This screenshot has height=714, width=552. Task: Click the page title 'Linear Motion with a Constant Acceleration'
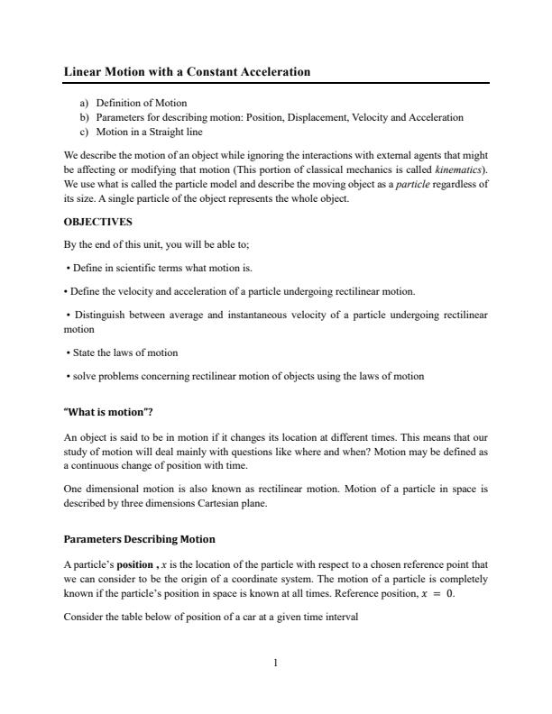coord(187,71)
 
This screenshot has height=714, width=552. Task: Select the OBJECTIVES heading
coord(97,221)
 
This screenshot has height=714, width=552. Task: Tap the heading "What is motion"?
coord(108,412)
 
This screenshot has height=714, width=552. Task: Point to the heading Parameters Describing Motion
coord(139,539)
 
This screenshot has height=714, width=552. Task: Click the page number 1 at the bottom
coord(276,663)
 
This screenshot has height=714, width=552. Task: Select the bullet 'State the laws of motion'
coord(124,352)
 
